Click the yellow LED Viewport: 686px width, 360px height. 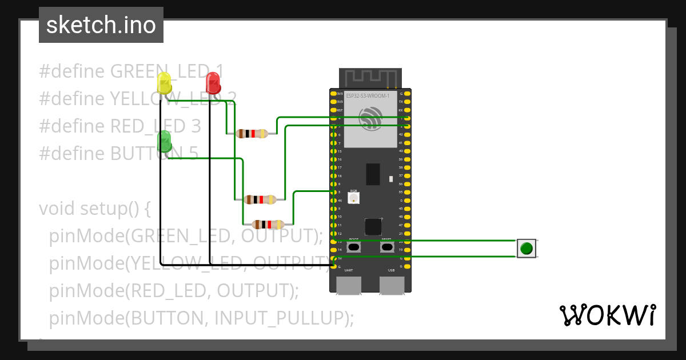[x=164, y=83]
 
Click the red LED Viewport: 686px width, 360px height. [x=213, y=83]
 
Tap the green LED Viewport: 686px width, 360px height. [x=164, y=141]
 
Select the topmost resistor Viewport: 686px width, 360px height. [x=252, y=134]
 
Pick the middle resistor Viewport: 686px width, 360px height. [x=260, y=199]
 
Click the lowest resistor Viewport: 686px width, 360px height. [x=268, y=224]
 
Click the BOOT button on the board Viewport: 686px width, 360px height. [x=354, y=247]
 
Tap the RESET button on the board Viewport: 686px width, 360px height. [x=387, y=247]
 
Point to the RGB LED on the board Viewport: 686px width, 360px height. [x=354, y=198]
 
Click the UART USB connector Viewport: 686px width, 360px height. [x=348, y=285]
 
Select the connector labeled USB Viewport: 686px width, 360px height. [x=392, y=285]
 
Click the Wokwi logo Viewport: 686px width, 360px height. [x=607, y=315]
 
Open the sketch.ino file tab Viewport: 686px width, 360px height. [x=101, y=25]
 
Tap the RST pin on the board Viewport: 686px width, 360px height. [x=334, y=110]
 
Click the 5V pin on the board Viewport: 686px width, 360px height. [x=334, y=258]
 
